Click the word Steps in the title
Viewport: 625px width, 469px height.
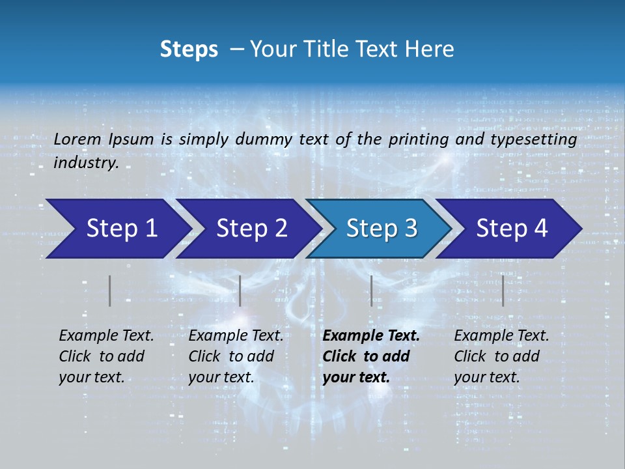189,50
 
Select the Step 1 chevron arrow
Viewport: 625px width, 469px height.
117,229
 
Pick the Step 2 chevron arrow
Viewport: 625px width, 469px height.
247,229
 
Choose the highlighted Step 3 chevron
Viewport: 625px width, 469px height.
378,229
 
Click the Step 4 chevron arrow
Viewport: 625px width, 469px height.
508,229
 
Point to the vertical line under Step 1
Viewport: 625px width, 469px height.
110,291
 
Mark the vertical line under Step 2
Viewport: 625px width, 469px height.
240,291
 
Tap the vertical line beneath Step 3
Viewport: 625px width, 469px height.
371,291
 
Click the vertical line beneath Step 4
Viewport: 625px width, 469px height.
503,291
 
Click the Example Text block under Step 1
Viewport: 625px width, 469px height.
106,356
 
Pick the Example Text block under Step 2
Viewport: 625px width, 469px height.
236,356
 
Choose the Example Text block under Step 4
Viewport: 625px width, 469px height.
501,356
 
